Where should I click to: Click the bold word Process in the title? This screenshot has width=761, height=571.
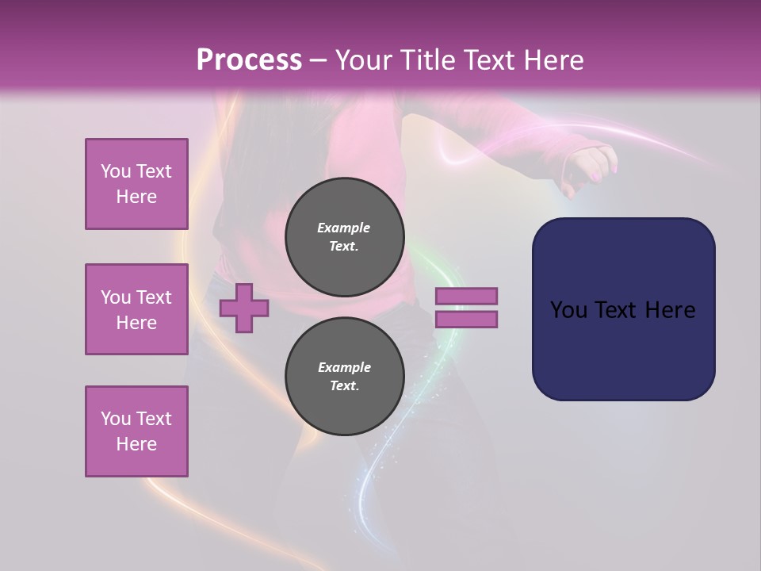[249, 60]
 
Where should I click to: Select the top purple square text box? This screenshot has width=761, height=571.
[136, 184]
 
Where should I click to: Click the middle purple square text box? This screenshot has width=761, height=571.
[136, 309]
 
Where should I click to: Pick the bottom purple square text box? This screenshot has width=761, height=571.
[136, 431]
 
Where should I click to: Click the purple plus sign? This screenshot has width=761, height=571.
[243, 308]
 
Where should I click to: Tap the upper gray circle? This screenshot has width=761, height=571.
[344, 237]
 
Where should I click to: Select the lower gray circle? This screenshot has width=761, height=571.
[344, 377]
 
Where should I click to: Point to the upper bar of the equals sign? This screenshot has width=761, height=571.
[466, 296]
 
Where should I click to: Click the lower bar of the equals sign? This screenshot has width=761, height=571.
[466, 319]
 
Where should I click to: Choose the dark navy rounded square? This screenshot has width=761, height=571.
[623, 309]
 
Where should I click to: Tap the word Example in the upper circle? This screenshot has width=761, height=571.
[344, 228]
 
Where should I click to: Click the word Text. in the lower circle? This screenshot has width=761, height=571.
[344, 386]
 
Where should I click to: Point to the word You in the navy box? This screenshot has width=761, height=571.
[568, 310]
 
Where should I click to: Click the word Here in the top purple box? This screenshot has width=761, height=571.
[136, 197]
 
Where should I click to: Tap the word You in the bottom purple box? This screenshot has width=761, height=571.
[116, 419]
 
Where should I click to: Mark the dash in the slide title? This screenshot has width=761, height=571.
[318, 60]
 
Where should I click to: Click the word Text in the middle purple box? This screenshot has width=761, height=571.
[154, 297]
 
